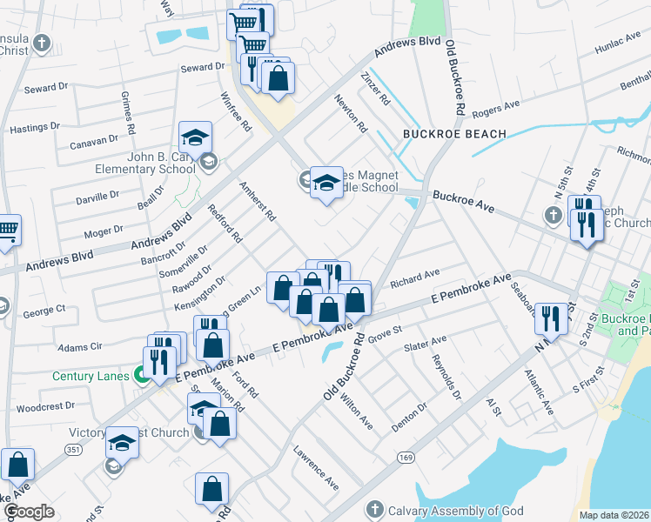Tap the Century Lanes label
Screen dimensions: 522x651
[x=91, y=377]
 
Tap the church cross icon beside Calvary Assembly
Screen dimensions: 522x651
[x=374, y=508]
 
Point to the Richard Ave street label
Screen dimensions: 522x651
[x=415, y=279]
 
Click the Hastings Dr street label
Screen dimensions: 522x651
[x=35, y=128]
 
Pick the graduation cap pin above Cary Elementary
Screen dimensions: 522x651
[x=196, y=138]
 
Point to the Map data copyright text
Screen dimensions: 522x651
[x=614, y=515]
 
